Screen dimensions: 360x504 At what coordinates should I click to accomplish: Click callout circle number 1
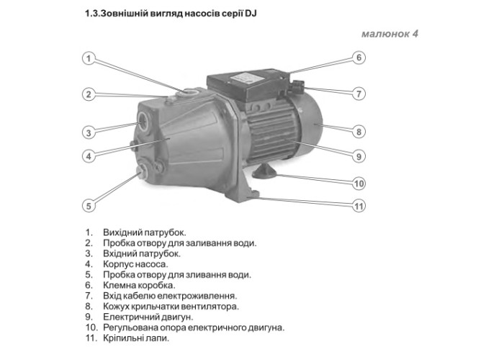coord(88,58)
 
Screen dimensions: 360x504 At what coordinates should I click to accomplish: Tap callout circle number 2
coord(88,94)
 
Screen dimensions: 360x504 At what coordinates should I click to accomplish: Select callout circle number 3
coord(88,132)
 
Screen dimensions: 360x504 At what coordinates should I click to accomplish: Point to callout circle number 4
coord(88,156)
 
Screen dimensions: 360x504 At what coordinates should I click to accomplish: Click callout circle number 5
coord(88,205)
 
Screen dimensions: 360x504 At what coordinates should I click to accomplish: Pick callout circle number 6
coord(358,58)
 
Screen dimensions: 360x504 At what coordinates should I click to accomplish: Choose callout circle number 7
coord(358,94)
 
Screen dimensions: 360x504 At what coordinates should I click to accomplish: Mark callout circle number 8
coord(358,131)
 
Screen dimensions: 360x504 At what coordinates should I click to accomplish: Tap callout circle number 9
coord(358,156)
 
